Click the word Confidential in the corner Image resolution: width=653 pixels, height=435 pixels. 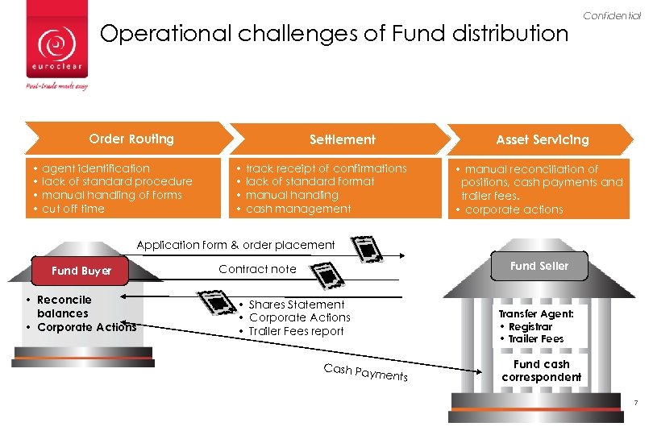point(612,16)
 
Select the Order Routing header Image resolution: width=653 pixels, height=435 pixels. point(131,139)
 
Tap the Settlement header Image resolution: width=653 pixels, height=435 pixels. point(343,139)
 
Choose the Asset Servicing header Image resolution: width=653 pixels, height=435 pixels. point(542,139)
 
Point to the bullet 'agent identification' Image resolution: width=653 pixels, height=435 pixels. point(95,168)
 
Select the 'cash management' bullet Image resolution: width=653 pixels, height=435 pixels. point(297,209)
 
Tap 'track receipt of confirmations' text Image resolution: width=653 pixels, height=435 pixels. point(326,168)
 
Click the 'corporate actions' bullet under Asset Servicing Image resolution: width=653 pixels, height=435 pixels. point(514,209)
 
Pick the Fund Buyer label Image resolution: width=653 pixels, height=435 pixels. point(81,271)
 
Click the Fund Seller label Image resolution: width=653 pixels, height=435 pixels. point(539,266)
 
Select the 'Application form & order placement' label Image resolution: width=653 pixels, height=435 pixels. point(235,245)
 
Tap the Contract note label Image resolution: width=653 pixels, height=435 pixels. point(257,269)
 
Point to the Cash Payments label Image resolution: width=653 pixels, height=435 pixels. point(365,372)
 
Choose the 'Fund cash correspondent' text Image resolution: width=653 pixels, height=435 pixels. point(541,371)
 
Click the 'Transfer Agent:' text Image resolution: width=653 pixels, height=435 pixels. point(536,314)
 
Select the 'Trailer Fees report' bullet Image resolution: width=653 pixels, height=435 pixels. point(296,331)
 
